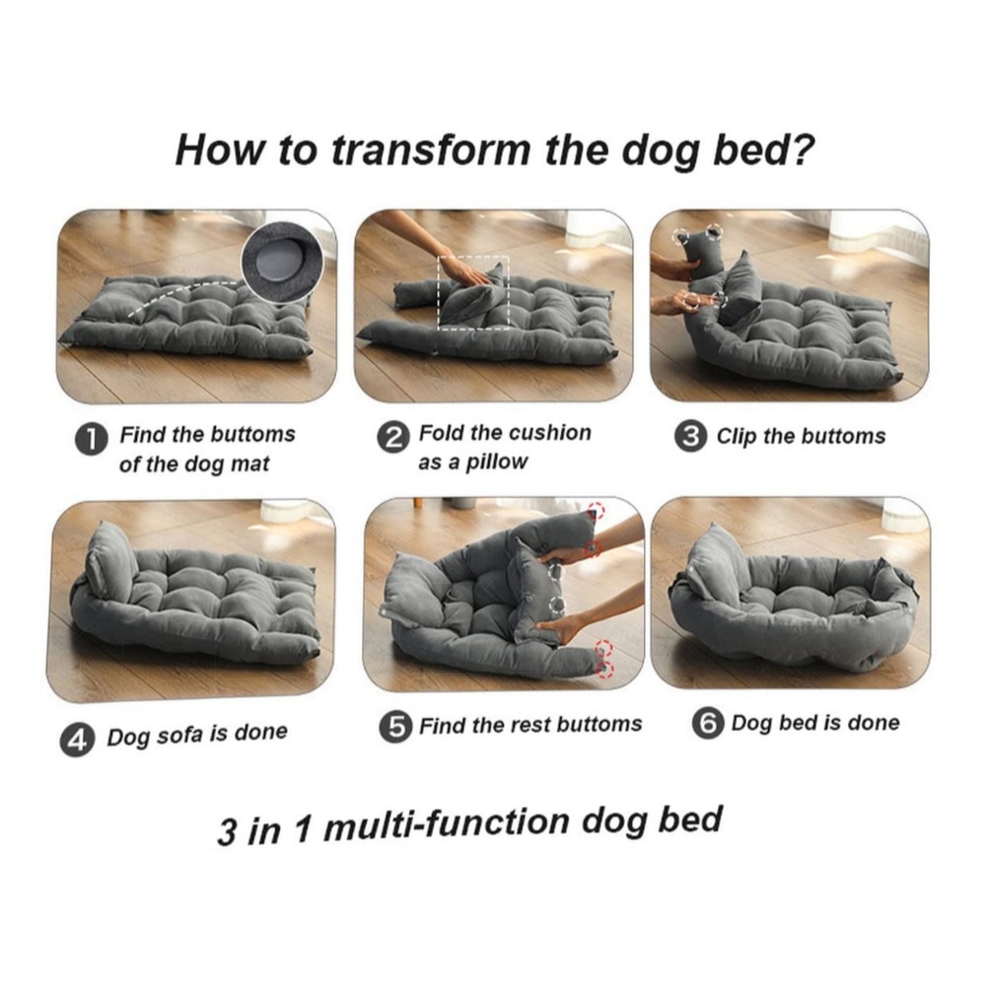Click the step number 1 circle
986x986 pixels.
tap(91, 439)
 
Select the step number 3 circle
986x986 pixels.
tap(690, 436)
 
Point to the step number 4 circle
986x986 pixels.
tap(77, 739)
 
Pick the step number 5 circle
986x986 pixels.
tap(396, 727)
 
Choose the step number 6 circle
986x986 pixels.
tap(708, 723)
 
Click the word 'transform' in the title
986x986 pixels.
tap(431, 150)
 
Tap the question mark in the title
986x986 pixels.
tap(801, 148)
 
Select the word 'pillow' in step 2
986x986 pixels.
tap(496, 463)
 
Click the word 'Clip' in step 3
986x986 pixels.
tap(737, 437)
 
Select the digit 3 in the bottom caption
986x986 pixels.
tap(227, 831)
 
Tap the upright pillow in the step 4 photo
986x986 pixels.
tap(110, 559)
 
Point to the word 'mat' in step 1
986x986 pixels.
tap(251, 464)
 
